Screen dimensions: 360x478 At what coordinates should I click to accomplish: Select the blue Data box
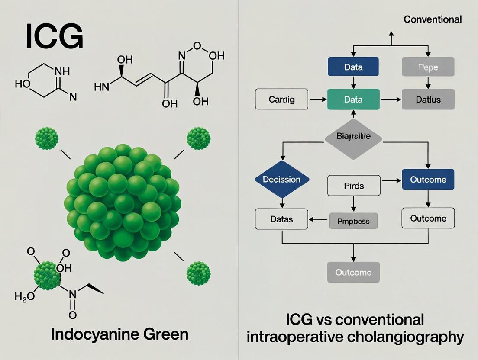click(353, 67)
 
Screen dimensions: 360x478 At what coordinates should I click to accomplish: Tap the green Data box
click(353, 100)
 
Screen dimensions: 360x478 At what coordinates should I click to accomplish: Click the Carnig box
click(281, 100)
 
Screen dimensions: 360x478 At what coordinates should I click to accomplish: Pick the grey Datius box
click(428, 100)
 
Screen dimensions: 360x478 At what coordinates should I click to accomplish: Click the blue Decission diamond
click(282, 179)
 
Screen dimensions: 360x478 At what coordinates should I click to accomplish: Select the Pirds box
click(354, 186)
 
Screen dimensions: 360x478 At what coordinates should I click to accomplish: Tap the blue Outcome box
click(428, 179)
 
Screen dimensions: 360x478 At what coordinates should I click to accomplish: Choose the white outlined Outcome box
click(428, 218)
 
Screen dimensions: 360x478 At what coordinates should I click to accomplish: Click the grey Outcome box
click(353, 273)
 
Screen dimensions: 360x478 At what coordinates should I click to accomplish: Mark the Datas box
click(281, 219)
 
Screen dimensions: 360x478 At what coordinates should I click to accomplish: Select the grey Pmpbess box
click(353, 221)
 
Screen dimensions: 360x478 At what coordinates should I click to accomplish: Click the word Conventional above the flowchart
click(432, 19)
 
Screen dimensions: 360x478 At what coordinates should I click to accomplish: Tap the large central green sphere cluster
click(122, 202)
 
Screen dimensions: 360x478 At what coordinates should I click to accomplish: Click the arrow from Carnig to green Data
click(317, 100)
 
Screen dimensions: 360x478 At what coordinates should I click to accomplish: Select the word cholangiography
click(409, 337)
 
